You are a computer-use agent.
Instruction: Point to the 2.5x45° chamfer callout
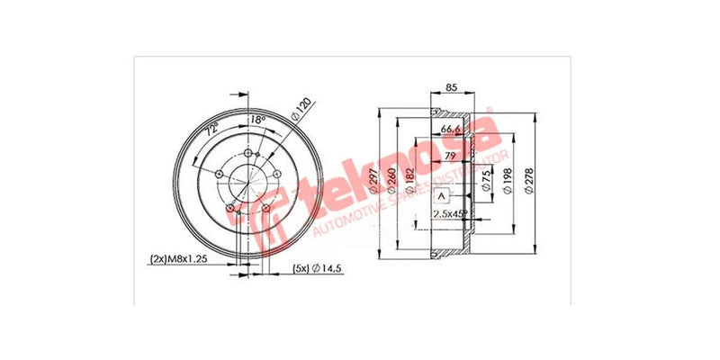(x=451, y=213)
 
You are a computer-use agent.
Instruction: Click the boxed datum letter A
(x=442, y=195)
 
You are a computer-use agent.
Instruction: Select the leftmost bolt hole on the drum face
(x=217, y=172)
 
